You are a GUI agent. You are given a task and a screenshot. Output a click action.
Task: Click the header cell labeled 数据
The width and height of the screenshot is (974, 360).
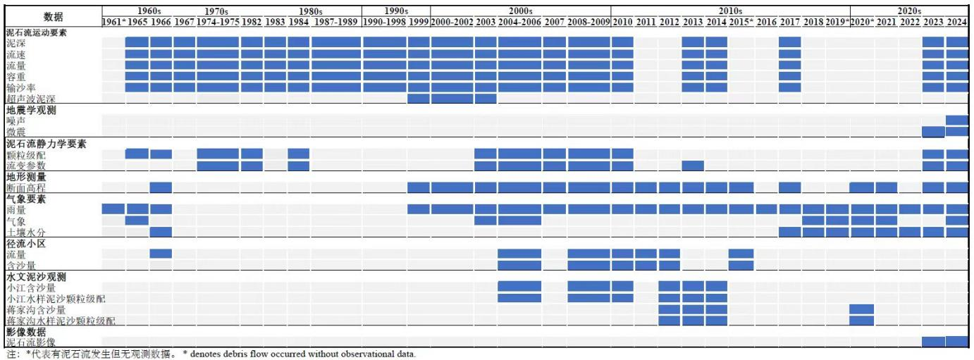pyautogui.click(x=51, y=16)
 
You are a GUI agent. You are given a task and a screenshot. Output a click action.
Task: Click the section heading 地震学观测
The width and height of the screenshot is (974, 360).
pyautogui.click(x=31, y=110)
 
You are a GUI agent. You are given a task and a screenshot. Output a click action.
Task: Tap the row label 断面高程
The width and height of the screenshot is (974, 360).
pyautogui.click(x=26, y=188)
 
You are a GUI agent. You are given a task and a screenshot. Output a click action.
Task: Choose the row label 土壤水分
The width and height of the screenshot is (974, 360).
pyautogui.click(x=26, y=232)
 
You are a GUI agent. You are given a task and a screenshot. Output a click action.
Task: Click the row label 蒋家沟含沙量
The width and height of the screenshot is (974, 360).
pyautogui.click(x=36, y=310)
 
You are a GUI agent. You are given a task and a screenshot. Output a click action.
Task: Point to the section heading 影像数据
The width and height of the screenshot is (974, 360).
pyautogui.click(x=26, y=331)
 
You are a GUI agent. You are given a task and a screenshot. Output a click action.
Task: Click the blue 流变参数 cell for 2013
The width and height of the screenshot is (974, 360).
pyautogui.click(x=693, y=166)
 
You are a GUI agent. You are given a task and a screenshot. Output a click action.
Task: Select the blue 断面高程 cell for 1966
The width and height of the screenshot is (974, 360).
pyautogui.click(x=161, y=188)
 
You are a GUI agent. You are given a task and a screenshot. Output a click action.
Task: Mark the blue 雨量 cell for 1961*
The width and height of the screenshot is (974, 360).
pyautogui.click(x=113, y=209)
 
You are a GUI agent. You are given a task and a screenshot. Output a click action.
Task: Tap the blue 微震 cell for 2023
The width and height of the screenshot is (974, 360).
pyautogui.click(x=932, y=132)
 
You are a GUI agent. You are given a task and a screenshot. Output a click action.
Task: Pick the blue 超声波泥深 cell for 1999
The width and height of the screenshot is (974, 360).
pyautogui.click(x=419, y=99)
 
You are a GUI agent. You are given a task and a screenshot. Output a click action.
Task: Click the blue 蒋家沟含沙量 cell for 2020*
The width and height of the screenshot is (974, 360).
pyautogui.click(x=861, y=310)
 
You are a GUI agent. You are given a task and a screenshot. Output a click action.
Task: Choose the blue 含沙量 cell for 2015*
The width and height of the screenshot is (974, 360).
pyautogui.click(x=741, y=265)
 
